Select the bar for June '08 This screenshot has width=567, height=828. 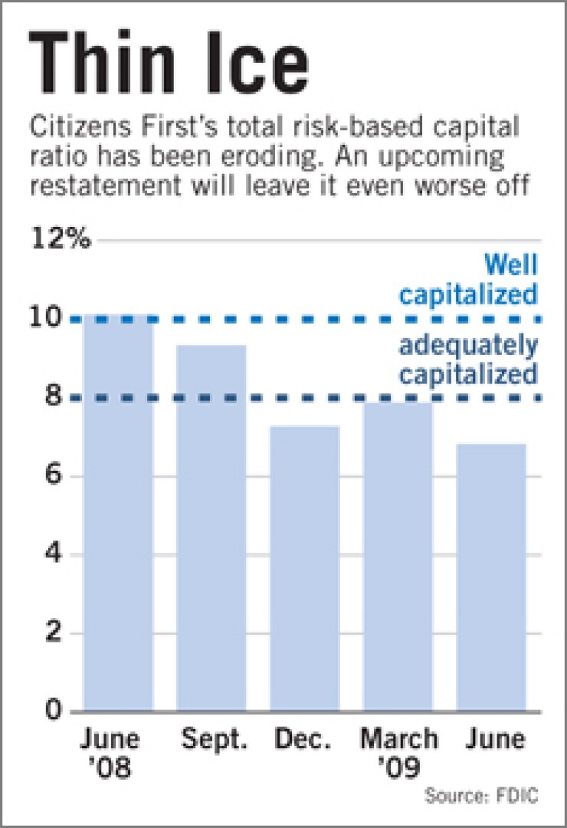(118, 514)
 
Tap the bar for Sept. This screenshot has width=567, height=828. (211, 529)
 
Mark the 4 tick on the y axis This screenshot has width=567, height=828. (53, 554)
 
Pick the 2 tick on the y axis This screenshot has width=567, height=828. (53, 633)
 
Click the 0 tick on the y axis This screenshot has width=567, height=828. (53, 711)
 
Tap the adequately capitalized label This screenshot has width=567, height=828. (467, 360)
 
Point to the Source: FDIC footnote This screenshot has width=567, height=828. (482, 797)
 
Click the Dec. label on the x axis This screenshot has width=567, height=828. (305, 740)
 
